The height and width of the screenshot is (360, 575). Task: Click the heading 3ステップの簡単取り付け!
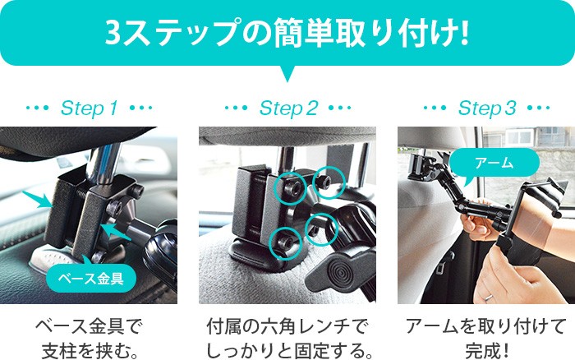pos(287,34)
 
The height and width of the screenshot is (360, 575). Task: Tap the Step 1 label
pos(89,108)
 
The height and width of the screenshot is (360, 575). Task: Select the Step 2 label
pos(288,108)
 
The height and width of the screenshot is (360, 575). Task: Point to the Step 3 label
pos(487,108)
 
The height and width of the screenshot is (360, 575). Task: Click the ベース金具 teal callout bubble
pos(91,278)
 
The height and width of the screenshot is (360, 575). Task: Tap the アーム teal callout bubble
pos(494,163)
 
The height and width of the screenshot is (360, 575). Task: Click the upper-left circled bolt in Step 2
pos(290,187)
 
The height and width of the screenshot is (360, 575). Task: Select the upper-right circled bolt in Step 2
pos(329,182)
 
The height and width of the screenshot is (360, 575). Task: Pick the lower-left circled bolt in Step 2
pos(285,243)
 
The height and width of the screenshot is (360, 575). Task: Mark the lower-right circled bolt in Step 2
pos(321,228)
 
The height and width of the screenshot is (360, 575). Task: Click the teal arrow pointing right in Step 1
pos(39,200)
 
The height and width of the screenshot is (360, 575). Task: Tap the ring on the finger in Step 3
pos(488,298)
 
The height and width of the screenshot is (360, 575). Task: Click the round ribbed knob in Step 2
pos(339,272)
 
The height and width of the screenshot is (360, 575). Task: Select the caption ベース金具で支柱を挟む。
pos(89,339)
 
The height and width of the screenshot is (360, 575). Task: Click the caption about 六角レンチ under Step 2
pos(288,339)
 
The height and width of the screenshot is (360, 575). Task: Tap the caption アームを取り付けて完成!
pos(486,339)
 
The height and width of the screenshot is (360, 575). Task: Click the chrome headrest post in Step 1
pos(104,161)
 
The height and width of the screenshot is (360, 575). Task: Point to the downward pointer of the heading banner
pos(287,73)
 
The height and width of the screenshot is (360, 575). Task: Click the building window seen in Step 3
pos(519,137)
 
